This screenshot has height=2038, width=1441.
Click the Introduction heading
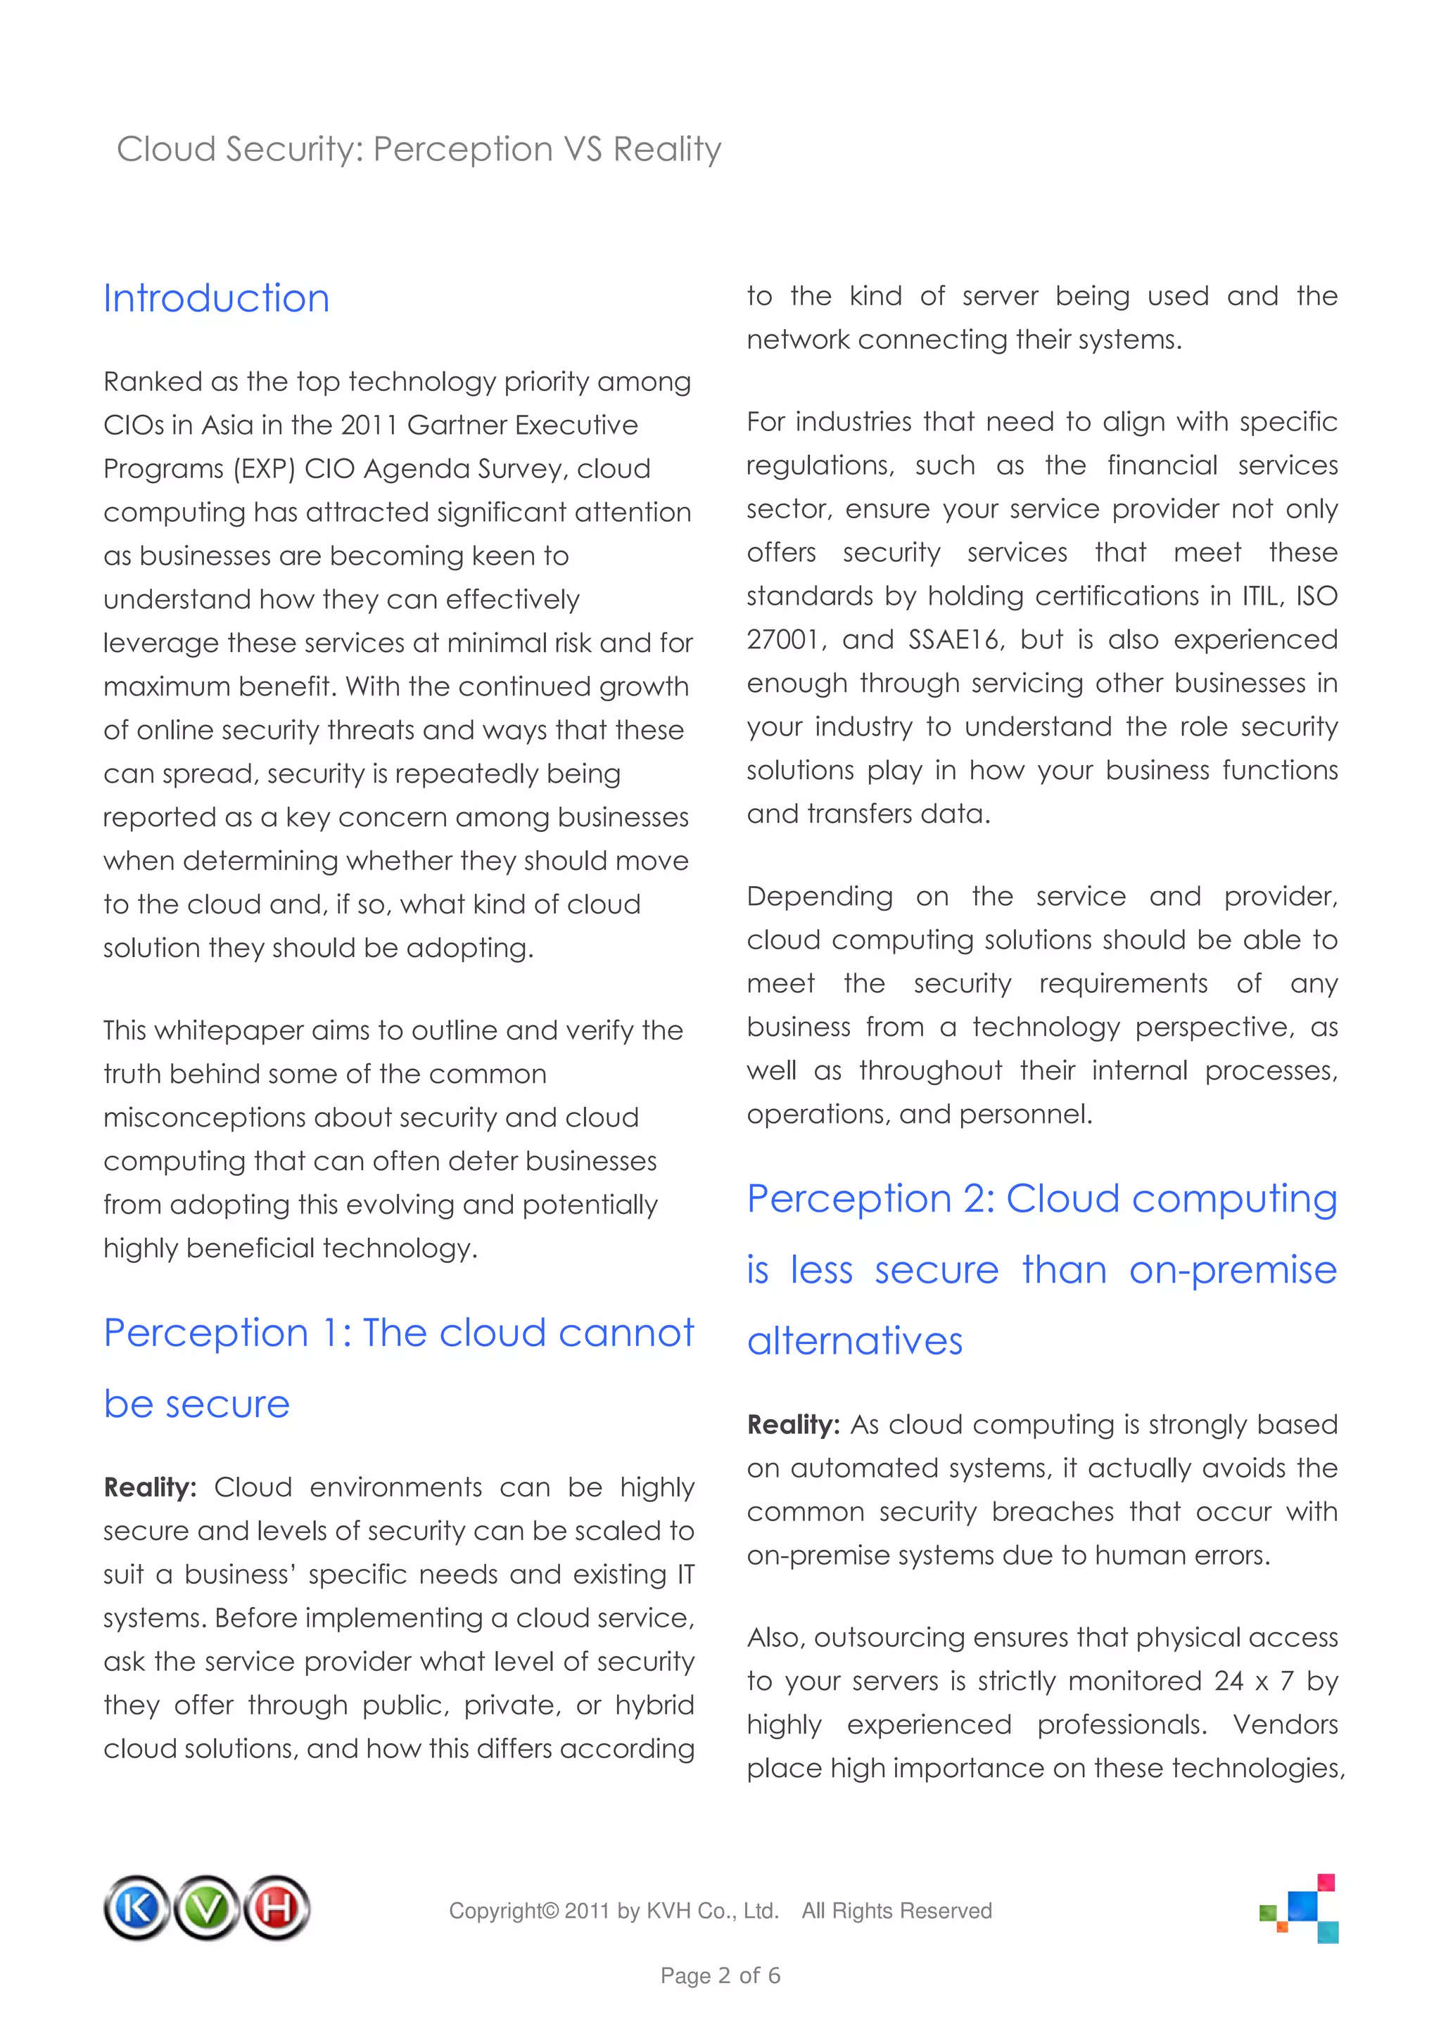(216, 299)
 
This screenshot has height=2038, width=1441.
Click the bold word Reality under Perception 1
(149, 1487)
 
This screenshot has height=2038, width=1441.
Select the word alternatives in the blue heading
(854, 1340)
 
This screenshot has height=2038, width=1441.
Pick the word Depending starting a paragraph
(820, 897)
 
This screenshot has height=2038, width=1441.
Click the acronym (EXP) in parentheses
(264, 468)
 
